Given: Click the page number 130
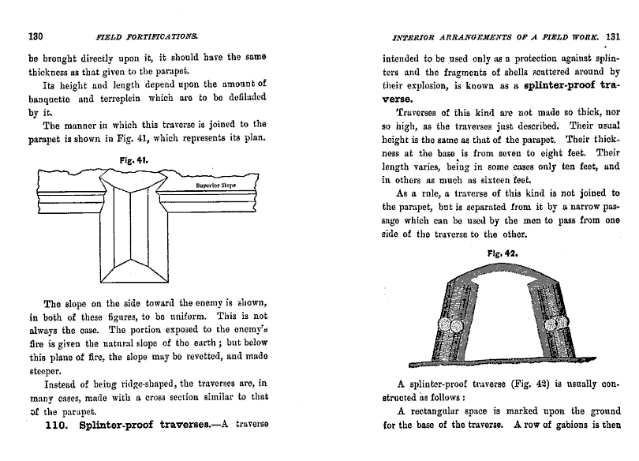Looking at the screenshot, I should click(35, 36).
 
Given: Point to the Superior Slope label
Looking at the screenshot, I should click(216, 186).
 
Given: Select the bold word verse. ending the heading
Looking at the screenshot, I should click(399, 99).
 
